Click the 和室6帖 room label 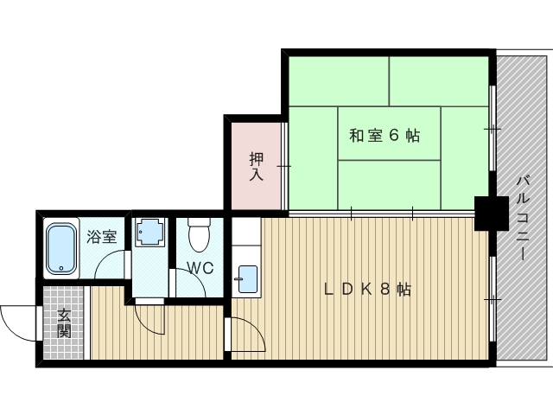tap(385, 136)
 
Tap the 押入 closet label tap(257, 166)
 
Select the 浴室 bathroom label tap(102, 237)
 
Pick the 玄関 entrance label tap(63, 322)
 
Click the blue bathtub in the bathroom tap(61, 249)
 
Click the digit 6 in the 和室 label tap(393, 136)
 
